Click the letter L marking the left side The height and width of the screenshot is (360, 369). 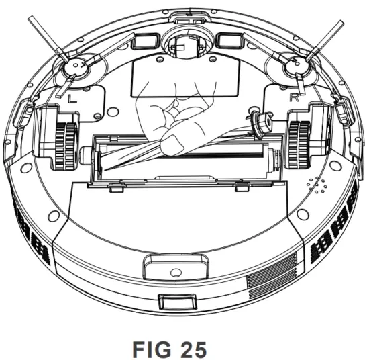pos(72,98)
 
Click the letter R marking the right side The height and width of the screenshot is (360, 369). pos(295,97)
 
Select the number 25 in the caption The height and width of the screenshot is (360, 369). pos(194,350)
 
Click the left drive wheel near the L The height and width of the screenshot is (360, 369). pos(66,146)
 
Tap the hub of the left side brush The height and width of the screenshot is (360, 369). pos(76,66)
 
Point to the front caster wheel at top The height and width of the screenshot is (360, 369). pos(188,44)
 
